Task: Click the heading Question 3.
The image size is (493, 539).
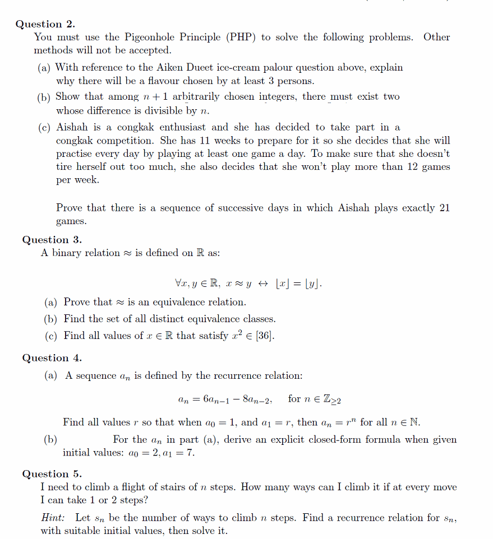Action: (52, 240)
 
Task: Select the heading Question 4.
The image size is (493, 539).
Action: (52, 358)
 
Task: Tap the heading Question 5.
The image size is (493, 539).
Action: (52, 474)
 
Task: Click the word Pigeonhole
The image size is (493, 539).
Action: (150, 38)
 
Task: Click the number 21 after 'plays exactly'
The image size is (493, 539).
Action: (444, 208)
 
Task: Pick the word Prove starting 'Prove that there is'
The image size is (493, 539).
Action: (69, 208)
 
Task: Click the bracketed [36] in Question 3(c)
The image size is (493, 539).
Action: (264, 336)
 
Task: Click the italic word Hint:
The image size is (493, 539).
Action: (53, 518)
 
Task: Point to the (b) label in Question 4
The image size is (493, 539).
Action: (51, 440)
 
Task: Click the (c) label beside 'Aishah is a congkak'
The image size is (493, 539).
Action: (44, 128)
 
